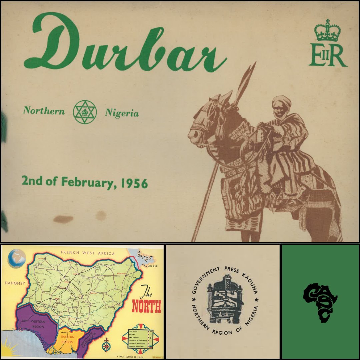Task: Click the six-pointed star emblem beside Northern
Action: coord(85,112)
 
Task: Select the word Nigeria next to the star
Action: coord(122,113)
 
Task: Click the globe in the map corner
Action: coord(17,258)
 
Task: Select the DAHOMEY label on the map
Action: coord(15,283)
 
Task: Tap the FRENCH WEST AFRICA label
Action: coord(88,253)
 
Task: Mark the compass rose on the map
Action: coord(107,345)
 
